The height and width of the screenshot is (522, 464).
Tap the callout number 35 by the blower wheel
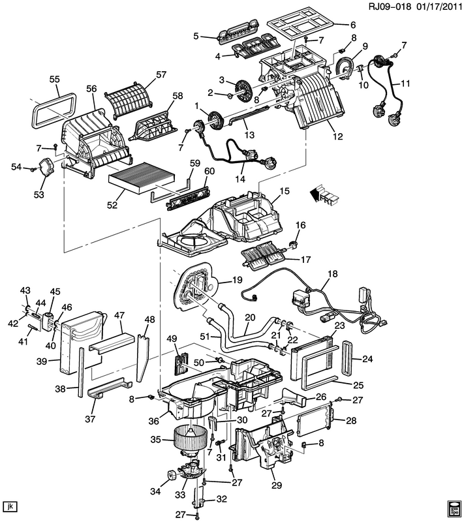pyautogui.click(x=156, y=440)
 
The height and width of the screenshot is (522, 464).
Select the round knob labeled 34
pyautogui.click(x=172, y=475)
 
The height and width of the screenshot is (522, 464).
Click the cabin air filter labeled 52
pyautogui.click(x=142, y=179)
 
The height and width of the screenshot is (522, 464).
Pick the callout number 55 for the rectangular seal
pyautogui.click(x=55, y=79)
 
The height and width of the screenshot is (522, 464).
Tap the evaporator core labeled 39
pyautogui.click(x=82, y=343)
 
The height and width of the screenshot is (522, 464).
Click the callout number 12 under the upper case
pyautogui.click(x=337, y=136)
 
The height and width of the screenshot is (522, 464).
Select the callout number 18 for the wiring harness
pyautogui.click(x=333, y=273)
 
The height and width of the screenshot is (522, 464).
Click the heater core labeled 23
pyautogui.click(x=311, y=358)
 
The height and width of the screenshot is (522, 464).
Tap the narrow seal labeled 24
pyautogui.click(x=348, y=358)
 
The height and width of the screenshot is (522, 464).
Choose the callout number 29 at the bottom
pyautogui.click(x=277, y=485)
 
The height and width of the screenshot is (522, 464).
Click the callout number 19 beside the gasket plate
pyautogui.click(x=237, y=280)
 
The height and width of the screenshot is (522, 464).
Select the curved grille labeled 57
pyautogui.click(x=130, y=100)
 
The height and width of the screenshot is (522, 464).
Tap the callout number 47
pyautogui.click(x=119, y=315)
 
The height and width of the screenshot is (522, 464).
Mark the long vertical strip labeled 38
pyautogui.click(x=81, y=372)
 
